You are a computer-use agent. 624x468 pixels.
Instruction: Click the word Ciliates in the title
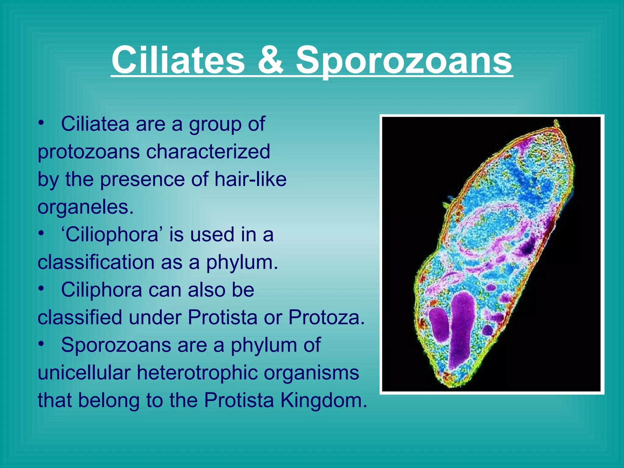[178, 60]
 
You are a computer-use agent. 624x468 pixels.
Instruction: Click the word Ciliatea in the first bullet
[95, 124]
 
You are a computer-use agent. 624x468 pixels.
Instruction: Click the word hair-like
[250, 179]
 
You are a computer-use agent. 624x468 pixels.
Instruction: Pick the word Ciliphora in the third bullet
[101, 290]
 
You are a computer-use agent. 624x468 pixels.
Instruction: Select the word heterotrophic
[197, 373]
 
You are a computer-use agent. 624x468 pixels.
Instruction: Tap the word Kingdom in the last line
[324, 400]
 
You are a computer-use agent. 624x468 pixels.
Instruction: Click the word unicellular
[84, 373]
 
